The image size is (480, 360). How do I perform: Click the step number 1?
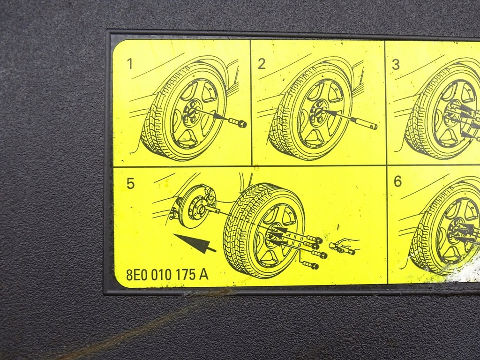point(130,64)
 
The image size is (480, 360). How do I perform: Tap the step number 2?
point(262,64)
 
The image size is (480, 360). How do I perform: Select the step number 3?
point(396,65)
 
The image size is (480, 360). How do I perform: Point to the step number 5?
point(130,183)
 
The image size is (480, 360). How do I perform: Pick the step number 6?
point(397,181)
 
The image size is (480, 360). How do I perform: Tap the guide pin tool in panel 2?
point(363,123)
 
